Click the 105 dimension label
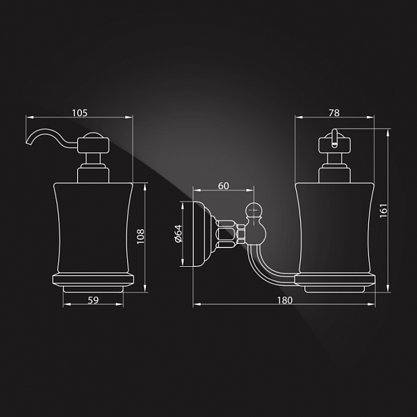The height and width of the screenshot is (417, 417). point(79,113)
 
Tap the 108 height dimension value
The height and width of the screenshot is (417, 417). point(140,236)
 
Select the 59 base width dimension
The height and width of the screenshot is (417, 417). point(93,300)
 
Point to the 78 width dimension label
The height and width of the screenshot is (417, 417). point(334,113)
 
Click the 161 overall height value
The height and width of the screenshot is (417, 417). point(383,211)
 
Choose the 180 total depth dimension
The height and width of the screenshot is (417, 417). point(285,300)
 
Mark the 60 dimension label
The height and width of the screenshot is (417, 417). point(223,186)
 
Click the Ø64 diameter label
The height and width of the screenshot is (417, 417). point(178,234)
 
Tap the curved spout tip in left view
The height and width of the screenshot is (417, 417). point(27,143)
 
